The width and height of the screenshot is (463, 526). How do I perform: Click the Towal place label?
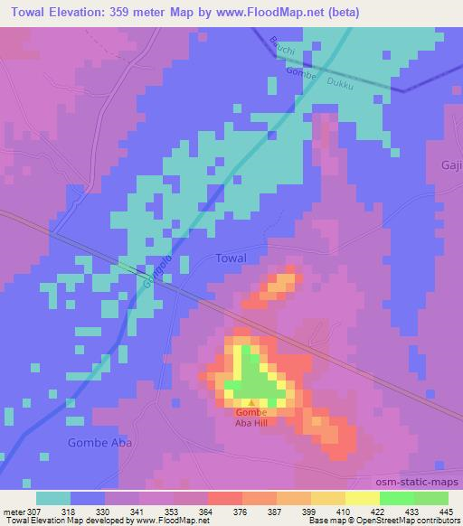click(x=231, y=258)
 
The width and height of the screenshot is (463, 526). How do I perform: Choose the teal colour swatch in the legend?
click(x=53, y=497)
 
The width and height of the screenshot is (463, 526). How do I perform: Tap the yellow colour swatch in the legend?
click(x=362, y=497)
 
